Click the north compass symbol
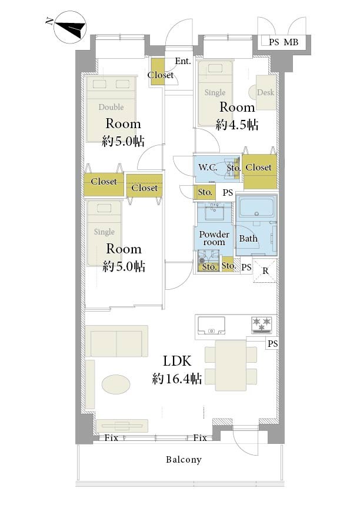70,27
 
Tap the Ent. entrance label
183,61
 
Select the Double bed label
111,107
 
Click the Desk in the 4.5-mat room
266,92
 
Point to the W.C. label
208,167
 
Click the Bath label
248,239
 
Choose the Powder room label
214,238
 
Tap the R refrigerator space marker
265,271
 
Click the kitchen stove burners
262,325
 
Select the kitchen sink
211,326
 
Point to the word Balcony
184,460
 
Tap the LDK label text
177,361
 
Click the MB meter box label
291,42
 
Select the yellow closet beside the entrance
158,72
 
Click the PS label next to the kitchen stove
273,344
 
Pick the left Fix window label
111,438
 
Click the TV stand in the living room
122,426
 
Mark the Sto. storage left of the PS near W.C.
205,192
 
